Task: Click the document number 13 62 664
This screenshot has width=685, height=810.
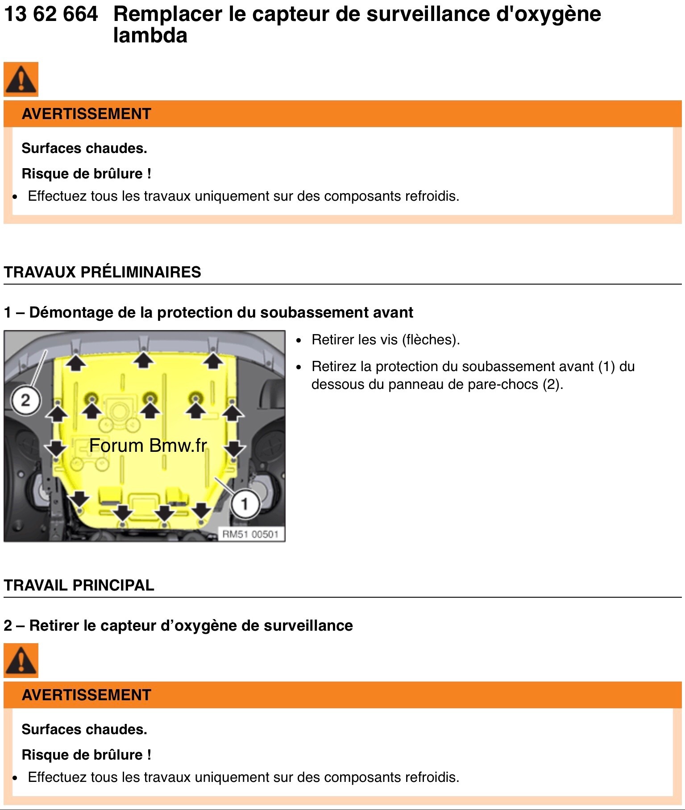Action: (50, 14)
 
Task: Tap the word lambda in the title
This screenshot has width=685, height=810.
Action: (150, 36)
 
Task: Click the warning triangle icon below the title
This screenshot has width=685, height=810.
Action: (21, 79)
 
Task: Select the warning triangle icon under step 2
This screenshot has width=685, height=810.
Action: (21, 661)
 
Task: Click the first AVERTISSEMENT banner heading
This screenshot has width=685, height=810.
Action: (87, 114)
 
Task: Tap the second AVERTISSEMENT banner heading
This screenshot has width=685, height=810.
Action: (87, 695)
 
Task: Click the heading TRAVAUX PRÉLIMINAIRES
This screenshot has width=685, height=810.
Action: (102, 272)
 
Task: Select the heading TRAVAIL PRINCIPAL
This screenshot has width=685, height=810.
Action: (79, 585)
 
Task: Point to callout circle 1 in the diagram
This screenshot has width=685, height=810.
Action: (245, 504)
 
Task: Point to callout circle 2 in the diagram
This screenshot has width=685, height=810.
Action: (25, 400)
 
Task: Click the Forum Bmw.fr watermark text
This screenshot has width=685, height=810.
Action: (148, 446)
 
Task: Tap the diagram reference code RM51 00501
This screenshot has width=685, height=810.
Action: (250, 534)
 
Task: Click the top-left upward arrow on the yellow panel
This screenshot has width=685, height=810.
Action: (76, 362)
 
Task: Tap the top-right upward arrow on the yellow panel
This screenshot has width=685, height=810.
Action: (213, 361)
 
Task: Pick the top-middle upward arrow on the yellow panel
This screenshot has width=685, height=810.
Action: (143, 360)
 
